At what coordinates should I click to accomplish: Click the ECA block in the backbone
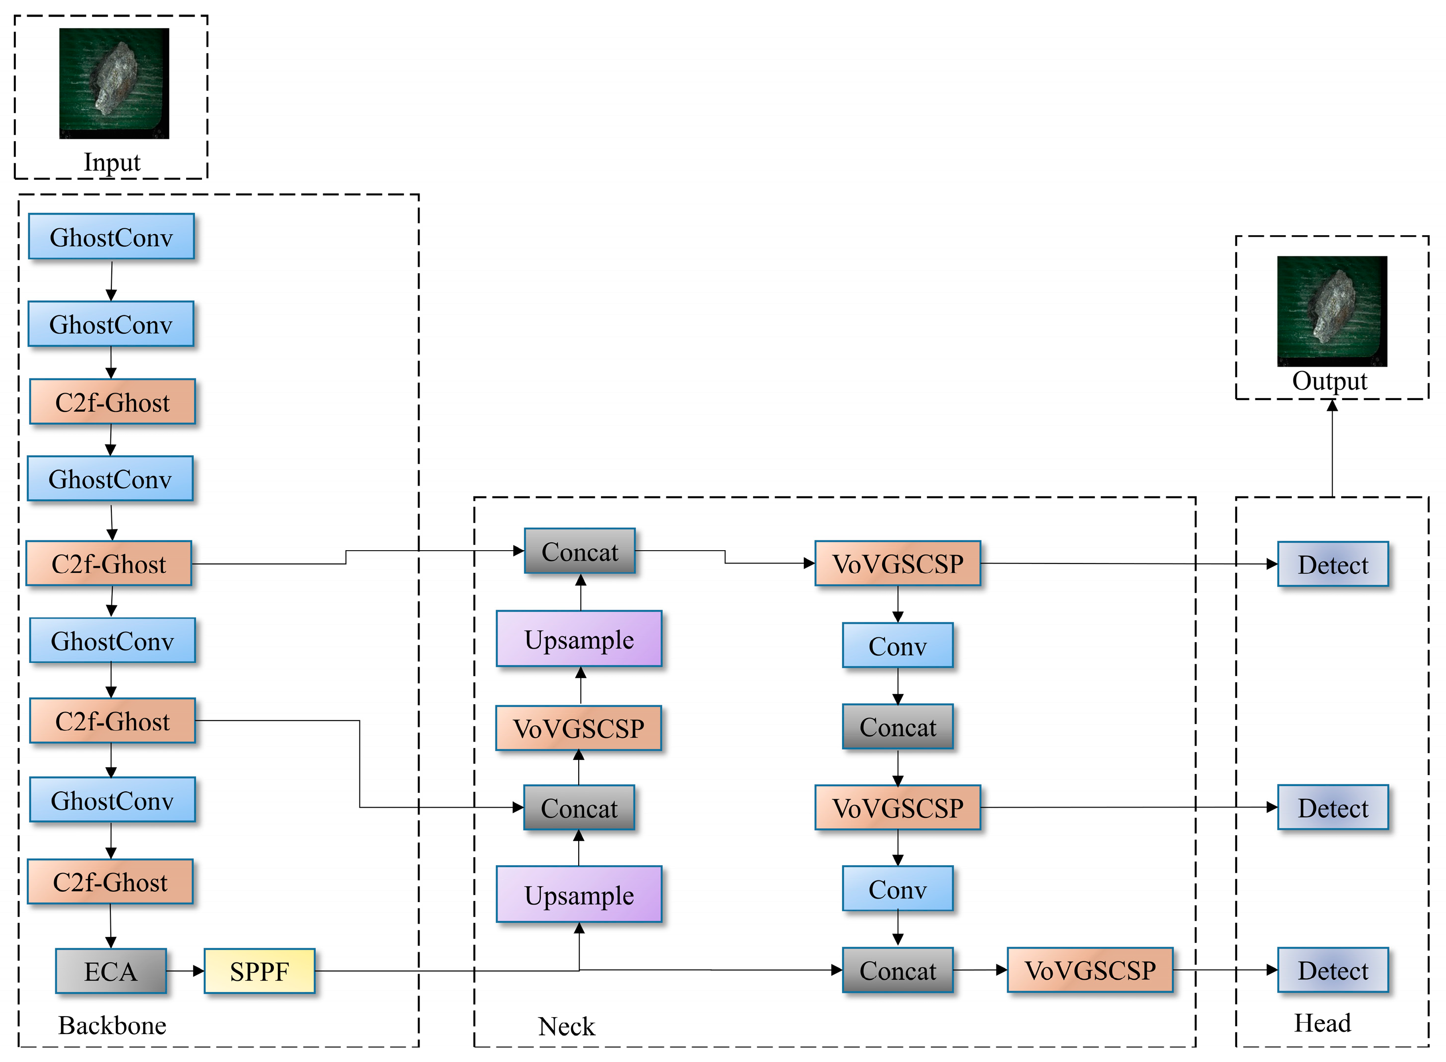pyautogui.click(x=111, y=971)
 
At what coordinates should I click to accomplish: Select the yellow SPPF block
pyautogui.click(x=259, y=971)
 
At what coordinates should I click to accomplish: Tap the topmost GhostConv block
pyautogui.click(x=111, y=237)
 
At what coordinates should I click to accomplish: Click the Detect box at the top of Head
pyautogui.click(x=1333, y=564)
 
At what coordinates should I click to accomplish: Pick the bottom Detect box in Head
pyautogui.click(x=1333, y=970)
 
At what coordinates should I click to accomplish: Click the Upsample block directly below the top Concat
pyautogui.click(x=579, y=639)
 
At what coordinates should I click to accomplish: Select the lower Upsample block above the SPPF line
pyautogui.click(x=579, y=894)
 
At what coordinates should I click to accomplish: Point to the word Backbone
pyautogui.click(x=113, y=1026)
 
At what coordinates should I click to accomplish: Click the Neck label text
pyautogui.click(x=567, y=1027)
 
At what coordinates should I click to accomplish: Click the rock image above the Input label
pyautogui.click(x=114, y=84)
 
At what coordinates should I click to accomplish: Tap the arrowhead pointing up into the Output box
pyautogui.click(x=1332, y=405)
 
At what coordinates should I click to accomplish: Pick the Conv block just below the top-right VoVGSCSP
pyautogui.click(x=898, y=646)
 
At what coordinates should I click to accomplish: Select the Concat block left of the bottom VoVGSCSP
pyautogui.click(x=898, y=970)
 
